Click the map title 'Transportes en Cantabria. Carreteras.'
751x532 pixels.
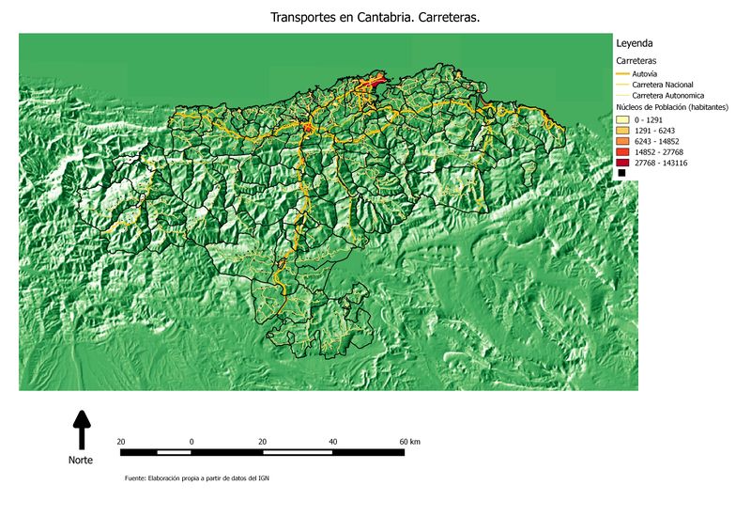pyautogui.click(x=375, y=18)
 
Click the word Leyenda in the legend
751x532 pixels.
pyautogui.click(x=635, y=43)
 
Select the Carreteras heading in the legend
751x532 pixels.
pyautogui.click(x=636, y=60)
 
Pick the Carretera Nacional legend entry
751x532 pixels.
pyautogui.click(x=663, y=85)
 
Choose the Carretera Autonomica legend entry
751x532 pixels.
pyautogui.click(x=667, y=96)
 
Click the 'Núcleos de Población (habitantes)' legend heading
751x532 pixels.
pyautogui.click(x=677, y=109)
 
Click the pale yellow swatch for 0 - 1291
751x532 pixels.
pyautogui.click(x=621, y=120)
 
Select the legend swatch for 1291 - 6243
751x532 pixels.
pyautogui.click(x=621, y=131)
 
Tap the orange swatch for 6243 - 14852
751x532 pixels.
pyautogui.click(x=621, y=142)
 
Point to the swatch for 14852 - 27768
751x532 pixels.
pyautogui.click(x=621, y=152)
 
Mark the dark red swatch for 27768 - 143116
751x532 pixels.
pyautogui.click(x=621, y=164)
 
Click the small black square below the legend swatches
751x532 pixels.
pyautogui.click(x=621, y=174)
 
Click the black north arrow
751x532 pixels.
pyautogui.click(x=82, y=429)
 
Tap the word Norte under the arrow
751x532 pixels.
pyautogui.click(x=81, y=461)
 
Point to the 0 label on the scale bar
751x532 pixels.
pyautogui.click(x=192, y=441)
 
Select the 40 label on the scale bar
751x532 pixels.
pyautogui.click(x=332, y=441)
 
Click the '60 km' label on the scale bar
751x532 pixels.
pyautogui.click(x=409, y=441)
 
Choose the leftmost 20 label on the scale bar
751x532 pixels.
pyautogui.click(x=121, y=441)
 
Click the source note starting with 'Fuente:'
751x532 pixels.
pyautogui.click(x=197, y=478)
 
